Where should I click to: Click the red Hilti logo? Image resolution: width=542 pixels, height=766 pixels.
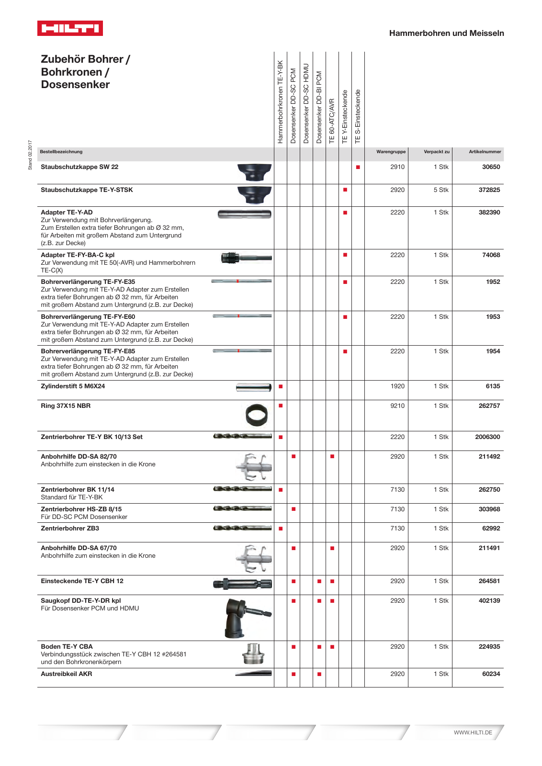(70, 28)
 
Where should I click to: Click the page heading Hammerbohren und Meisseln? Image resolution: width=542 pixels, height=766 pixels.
(446, 33)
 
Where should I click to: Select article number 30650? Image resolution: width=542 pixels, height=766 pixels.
(491, 167)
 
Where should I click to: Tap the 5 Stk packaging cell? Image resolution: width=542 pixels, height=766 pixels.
(441, 190)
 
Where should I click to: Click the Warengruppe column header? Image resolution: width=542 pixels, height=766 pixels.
(391, 152)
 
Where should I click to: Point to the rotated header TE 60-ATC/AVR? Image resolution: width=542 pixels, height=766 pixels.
(332, 121)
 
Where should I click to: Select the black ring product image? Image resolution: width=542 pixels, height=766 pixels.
(256, 415)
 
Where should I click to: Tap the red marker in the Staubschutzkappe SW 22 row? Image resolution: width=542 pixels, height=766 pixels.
(358, 167)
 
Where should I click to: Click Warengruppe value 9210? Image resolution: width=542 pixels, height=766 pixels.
(397, 406)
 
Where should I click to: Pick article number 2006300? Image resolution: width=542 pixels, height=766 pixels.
(487, 437)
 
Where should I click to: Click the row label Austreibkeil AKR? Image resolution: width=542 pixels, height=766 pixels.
(67, 674)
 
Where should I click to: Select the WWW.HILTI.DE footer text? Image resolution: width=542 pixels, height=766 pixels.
(473, 732)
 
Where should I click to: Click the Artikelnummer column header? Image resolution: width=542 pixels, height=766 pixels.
(485, 152)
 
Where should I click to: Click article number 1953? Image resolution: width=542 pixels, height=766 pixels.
(493, 317)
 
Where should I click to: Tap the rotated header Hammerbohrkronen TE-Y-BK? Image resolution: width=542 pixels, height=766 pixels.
(280, 101)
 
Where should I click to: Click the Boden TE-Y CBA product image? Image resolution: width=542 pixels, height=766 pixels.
(253, 654)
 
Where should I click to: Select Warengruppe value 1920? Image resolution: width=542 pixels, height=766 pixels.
(397, 386)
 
